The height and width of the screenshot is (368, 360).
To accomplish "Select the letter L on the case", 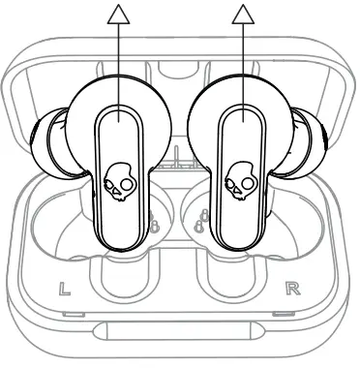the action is [x=64, y=288].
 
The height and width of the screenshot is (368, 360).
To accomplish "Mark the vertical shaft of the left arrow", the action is [x=118, y=68].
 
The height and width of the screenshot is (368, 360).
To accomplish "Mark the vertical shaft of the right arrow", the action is [x=241, y=68].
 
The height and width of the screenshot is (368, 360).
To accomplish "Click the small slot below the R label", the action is [x=285, y=316].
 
